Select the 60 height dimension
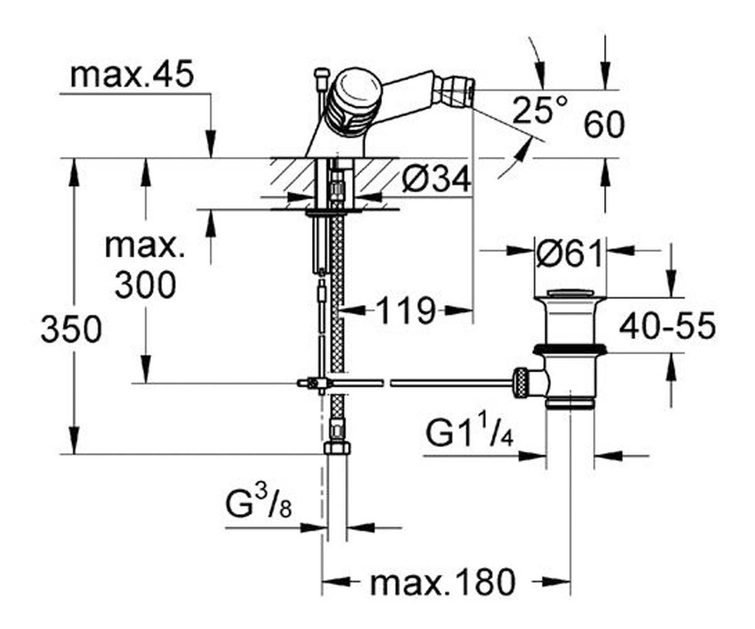[604, 125]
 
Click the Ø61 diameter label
[569, 253]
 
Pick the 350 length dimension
[71, 328]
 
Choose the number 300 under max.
[145, 285]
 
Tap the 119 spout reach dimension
[405, 310]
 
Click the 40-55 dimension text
[668, 326]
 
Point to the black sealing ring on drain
[570, 349]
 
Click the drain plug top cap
[569, 293]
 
